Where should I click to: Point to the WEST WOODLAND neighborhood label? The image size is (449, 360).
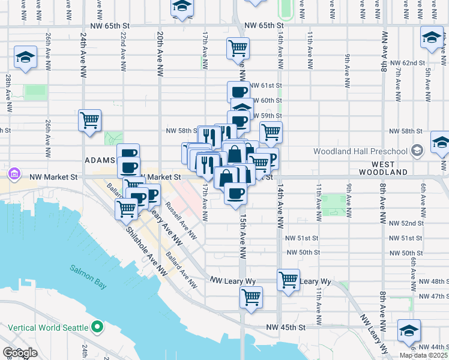(383, 168)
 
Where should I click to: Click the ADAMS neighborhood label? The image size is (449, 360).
(99, 160)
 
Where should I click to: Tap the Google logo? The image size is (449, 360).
(20, 353)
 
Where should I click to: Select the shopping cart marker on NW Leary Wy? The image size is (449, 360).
(289, 280)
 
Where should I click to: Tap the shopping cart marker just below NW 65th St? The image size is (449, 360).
(238, 47)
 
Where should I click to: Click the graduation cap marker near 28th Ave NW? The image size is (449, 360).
(25, 58)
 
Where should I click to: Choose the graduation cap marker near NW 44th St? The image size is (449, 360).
(409, 330)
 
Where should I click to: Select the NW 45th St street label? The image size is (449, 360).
(287, 328)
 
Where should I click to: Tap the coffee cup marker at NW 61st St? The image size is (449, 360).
(238, 92)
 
